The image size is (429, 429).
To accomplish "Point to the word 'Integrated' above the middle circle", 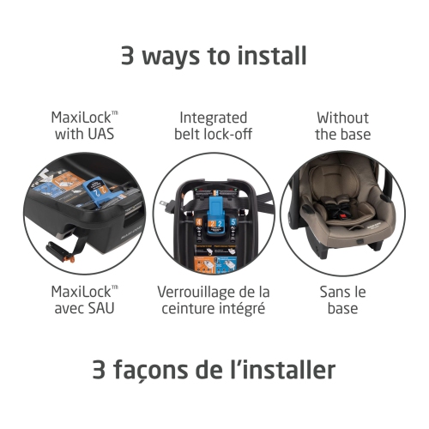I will pos(214,118).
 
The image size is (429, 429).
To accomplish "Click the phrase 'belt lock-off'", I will pos(214,136).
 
